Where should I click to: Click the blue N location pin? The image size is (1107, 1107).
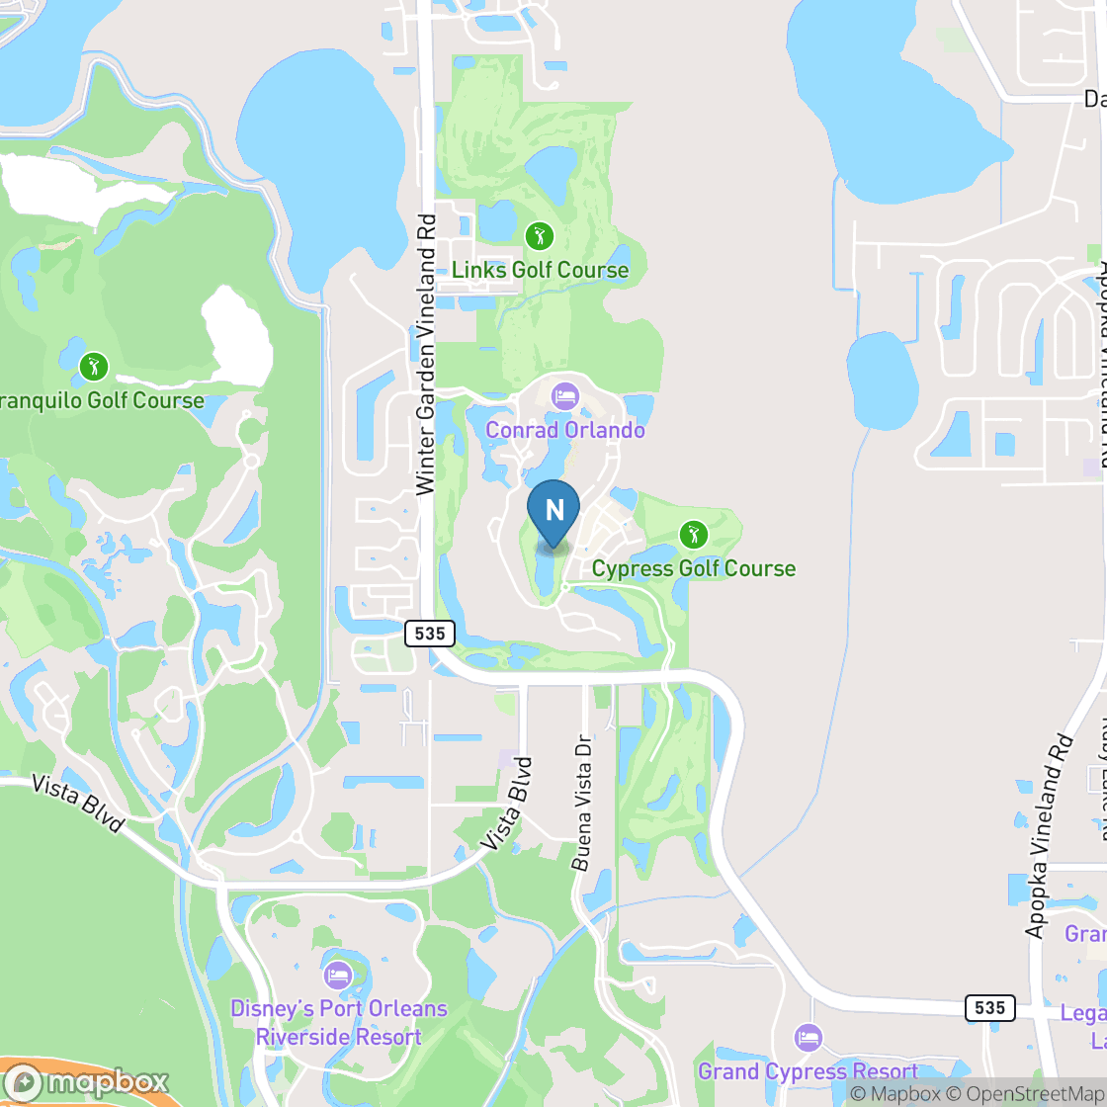click(x=553, y=511)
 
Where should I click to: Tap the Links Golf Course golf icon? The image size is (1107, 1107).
click(x=539, y=236)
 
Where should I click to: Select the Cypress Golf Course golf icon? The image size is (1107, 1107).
click(x=693, y=536)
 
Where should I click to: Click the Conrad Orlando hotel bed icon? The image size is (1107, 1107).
click(x=564, y=397)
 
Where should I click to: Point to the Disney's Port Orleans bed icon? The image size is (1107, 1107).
click(x=338, y=975)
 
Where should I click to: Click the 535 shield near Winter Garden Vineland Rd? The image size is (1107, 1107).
click(x=429, y=634)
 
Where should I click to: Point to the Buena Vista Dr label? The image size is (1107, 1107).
click(x=583, y=803)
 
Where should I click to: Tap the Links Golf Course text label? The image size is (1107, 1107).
click(x=540, y=270)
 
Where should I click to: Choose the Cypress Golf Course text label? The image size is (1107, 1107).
click(x=693, y=568)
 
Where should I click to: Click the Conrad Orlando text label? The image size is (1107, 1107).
click(x=564, y=430)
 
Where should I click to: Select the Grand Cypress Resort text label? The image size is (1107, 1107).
click(x=809, y=1071)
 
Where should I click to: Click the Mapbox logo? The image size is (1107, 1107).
click(x=87, y=1081)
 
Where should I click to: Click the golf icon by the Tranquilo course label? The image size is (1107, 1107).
click(x=94, y=367)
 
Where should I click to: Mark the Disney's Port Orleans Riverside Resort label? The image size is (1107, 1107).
click(x=338, y=1023)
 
